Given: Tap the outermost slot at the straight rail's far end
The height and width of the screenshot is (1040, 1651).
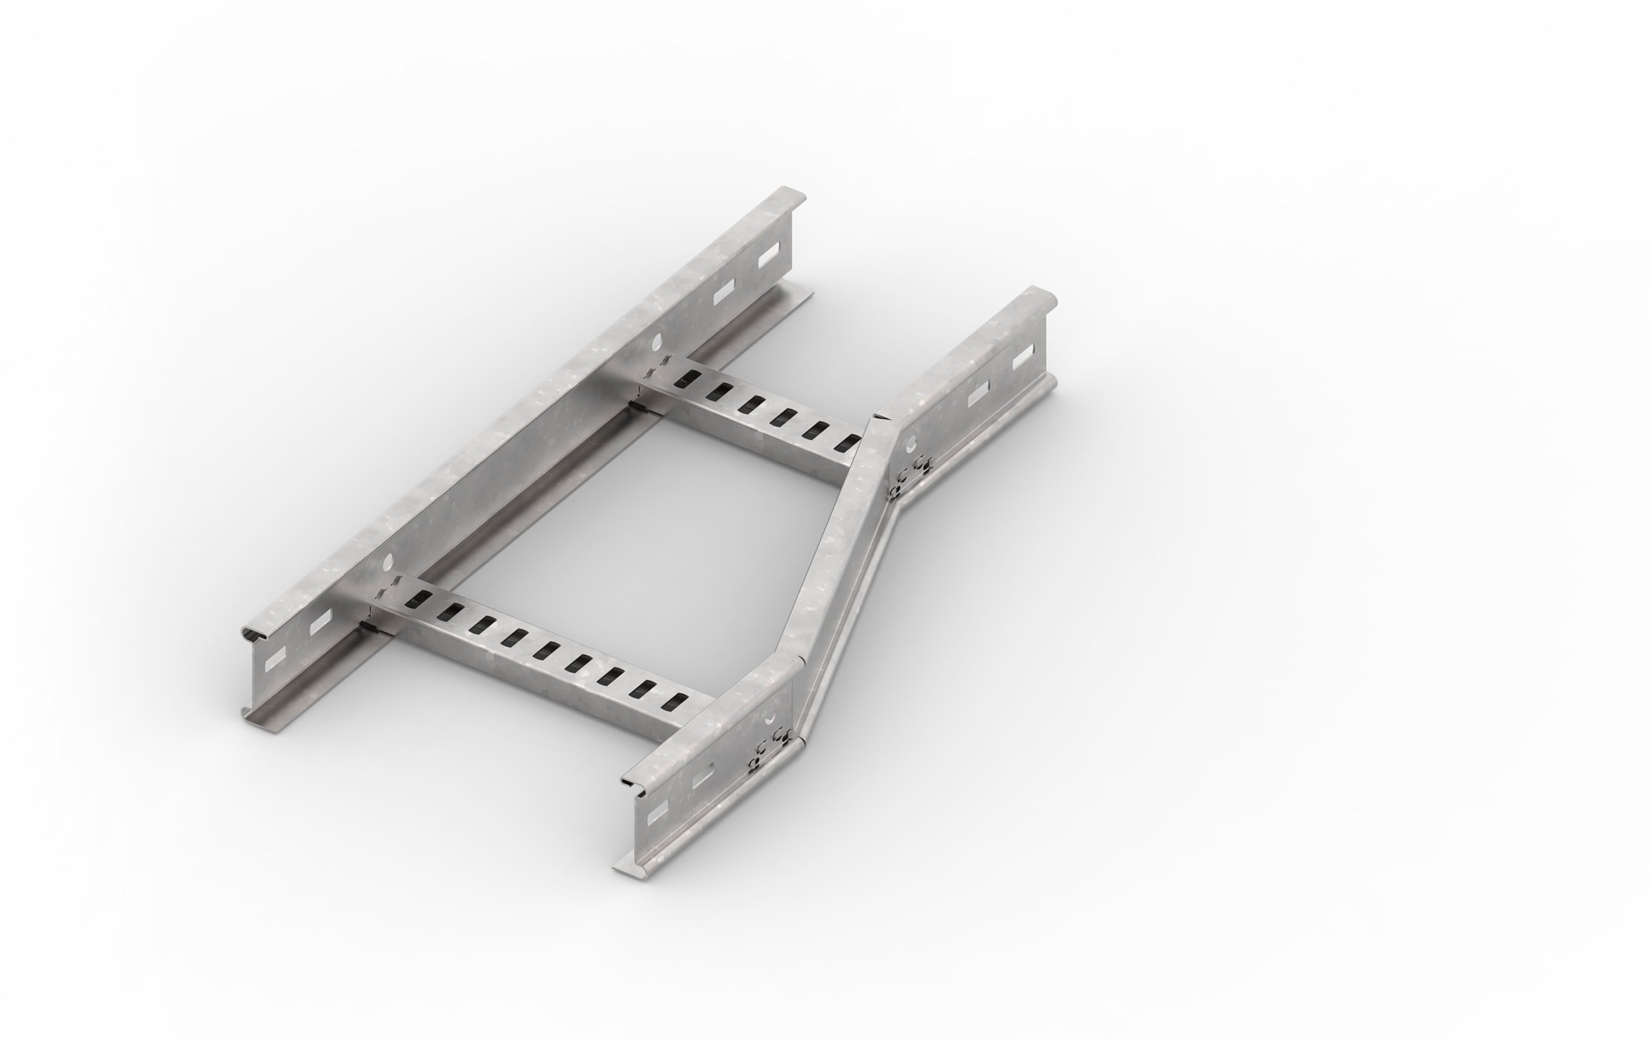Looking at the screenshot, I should coord(770,255).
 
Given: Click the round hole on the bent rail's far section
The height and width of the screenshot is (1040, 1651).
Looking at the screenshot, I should coord(912,443).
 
